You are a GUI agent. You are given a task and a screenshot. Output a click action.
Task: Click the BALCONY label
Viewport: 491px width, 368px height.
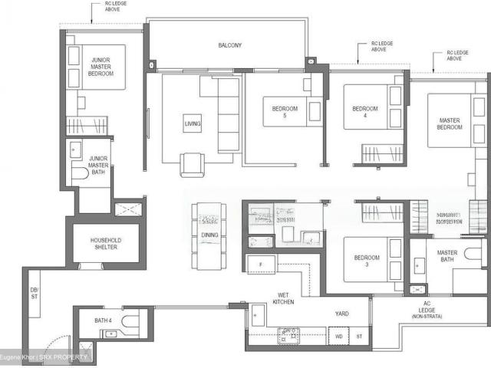[x=229, y=46]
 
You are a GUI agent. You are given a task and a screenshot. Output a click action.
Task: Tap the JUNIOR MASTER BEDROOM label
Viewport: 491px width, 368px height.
[x=101, y=67]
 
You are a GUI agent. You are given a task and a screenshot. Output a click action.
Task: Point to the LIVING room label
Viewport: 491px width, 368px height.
[x=192, y=124]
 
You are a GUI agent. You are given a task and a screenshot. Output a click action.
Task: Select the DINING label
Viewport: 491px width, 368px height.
[x=209, y=235]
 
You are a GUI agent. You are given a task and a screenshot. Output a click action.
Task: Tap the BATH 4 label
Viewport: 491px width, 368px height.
[x=104, y=320]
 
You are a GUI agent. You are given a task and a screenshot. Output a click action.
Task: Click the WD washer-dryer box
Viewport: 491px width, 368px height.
[x=338, y=336]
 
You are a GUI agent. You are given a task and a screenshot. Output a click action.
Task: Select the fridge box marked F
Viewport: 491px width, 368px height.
[x=259, y=264]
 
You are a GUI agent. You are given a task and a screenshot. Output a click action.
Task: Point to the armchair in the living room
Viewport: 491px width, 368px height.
[x=192, y=163]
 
